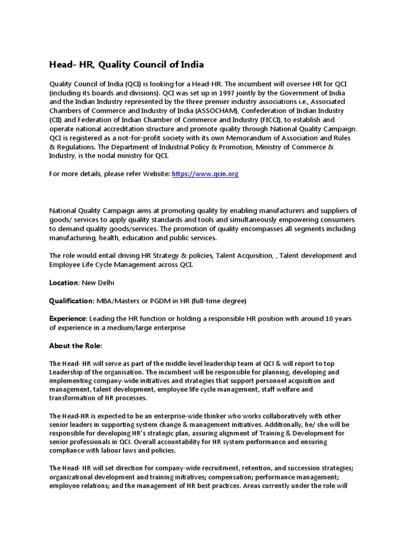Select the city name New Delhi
click(x=98, y=283)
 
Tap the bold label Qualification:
click(x=72, y=301)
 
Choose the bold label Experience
click(x=67, y=319)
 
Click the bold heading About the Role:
click(x=76, y=346)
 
